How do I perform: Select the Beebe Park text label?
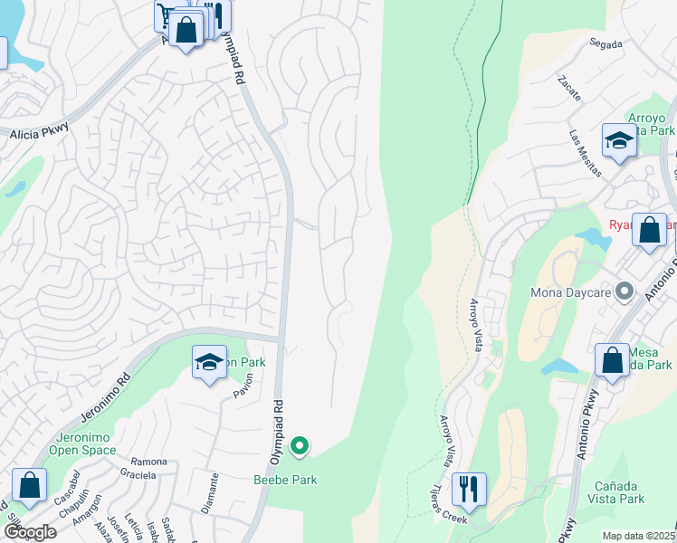[284, 480]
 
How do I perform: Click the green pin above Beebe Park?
[300, 446]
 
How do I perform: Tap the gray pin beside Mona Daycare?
[624, 292]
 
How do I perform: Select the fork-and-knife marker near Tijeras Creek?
[468, 488]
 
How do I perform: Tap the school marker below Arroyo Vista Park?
[619, 141]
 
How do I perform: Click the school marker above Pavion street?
[209, 364]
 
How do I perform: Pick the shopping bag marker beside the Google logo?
[29, 485]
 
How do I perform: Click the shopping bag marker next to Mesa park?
[612, 359]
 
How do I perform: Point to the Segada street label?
[605, 43]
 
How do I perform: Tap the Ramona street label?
[149, 462]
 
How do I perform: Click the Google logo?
[29, 532]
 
